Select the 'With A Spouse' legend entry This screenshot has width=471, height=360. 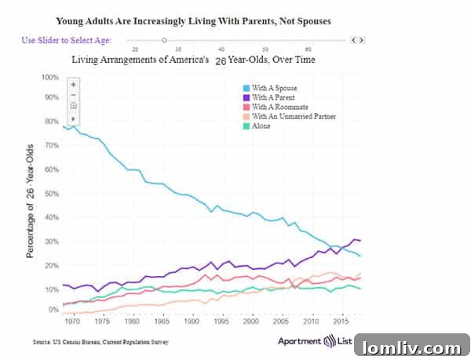(x=275, y=87)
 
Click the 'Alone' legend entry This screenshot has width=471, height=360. (x=261, y=125)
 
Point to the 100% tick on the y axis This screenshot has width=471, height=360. (x=49, y=78)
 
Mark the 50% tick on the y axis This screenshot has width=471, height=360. (x=51, y=194)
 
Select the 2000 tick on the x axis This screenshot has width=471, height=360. (x=251, y=322)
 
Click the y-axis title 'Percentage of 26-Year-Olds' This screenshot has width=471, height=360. (x=31, y=201)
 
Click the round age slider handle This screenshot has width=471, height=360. (x=164, y=39)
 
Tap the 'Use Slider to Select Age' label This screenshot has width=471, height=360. (x=67, y=40)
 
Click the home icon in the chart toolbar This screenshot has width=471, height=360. (x=73, y=106)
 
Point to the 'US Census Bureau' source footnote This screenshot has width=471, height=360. (x=100, y=342)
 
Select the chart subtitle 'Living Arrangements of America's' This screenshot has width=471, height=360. (x=140, y=59)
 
